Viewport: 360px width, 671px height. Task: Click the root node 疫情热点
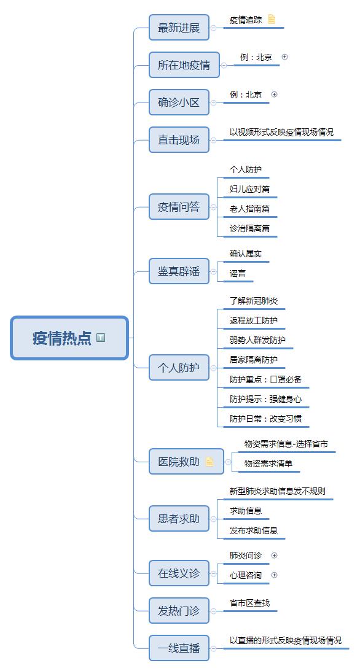click(69, 338)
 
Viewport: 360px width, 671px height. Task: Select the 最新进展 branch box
click(179, 28)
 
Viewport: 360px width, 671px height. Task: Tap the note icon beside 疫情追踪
click(272, 19)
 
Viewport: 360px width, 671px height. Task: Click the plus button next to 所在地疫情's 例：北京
click(284, 57)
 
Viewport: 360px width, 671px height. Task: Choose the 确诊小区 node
click(179, 103)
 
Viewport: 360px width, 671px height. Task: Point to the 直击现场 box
click(179, 140)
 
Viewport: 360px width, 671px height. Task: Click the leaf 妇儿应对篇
click(249, 189)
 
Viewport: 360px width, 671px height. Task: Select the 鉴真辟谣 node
click(179, 271)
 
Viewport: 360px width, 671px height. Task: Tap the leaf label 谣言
click(238, 273)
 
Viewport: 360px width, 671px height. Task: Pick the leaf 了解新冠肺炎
click(253, 301)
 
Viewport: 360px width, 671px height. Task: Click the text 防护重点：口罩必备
click(265, 379)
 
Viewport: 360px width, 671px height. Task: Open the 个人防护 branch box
click(179, 368)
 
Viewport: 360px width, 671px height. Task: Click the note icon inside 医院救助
click(209, 461)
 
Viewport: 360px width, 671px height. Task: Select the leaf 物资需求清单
click(268, 463)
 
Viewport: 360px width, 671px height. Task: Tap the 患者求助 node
click(179, 519)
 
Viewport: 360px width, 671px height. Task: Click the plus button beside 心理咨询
click(275, 575)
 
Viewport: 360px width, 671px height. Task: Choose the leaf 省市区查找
click(249, 603)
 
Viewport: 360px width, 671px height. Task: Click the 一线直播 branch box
click(179, 648)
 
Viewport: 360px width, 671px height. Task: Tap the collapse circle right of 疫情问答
click(213, 207)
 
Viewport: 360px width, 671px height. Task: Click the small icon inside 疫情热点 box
click(101, 338)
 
